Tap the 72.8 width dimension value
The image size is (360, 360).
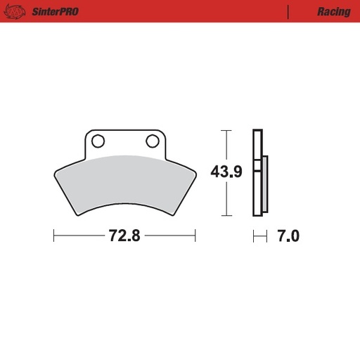(124, 236)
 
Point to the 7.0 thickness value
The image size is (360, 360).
(288, 236)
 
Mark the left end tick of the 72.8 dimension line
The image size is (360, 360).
(54, 236)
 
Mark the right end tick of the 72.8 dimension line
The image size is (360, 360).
(195, 236)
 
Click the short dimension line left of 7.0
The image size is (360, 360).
(261, 236)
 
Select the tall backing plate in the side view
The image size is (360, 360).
(257, 172)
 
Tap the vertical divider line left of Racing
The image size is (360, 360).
(288, 12)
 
